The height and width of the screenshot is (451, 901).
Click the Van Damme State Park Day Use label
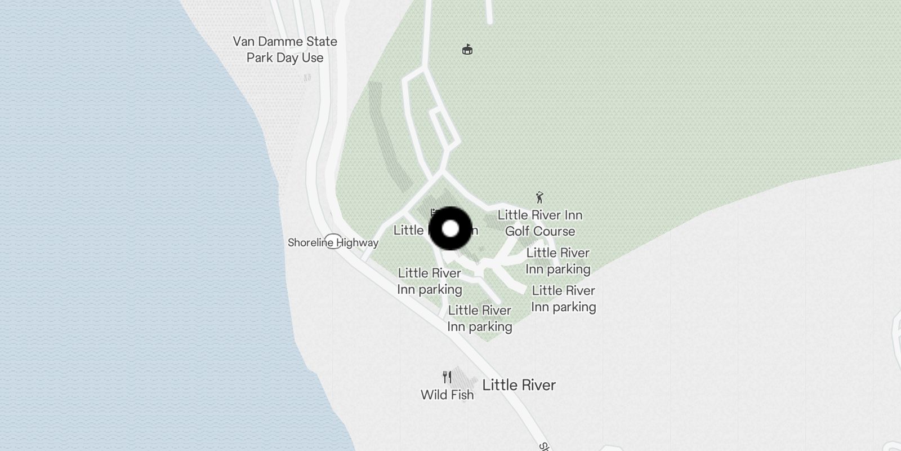click(x=285, y=50)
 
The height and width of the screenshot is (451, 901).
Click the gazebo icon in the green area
click(x=467, y=50)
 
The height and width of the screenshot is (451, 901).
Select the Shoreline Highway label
click(x=333, y=243)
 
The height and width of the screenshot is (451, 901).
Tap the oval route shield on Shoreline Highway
click(x=333, y=242)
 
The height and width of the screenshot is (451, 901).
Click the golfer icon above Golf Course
click(x=540, y=198)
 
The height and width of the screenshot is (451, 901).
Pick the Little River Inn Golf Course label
click(x=540, y=223)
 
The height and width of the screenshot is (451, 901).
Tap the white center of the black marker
click(x=450, y=229)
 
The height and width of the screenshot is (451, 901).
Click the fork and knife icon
click(x=447, y=377)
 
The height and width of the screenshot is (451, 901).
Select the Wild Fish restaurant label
click(x=447, y=395)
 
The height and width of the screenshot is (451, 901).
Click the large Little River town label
click(x=519, y=385)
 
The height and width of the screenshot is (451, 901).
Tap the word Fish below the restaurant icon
click(x=461, y=395)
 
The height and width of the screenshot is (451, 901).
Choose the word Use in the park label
click(x=312, y=58)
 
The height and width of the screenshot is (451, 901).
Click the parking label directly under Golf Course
click(x=557, y=261)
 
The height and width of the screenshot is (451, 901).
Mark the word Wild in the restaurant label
click(x=432, y=395)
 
